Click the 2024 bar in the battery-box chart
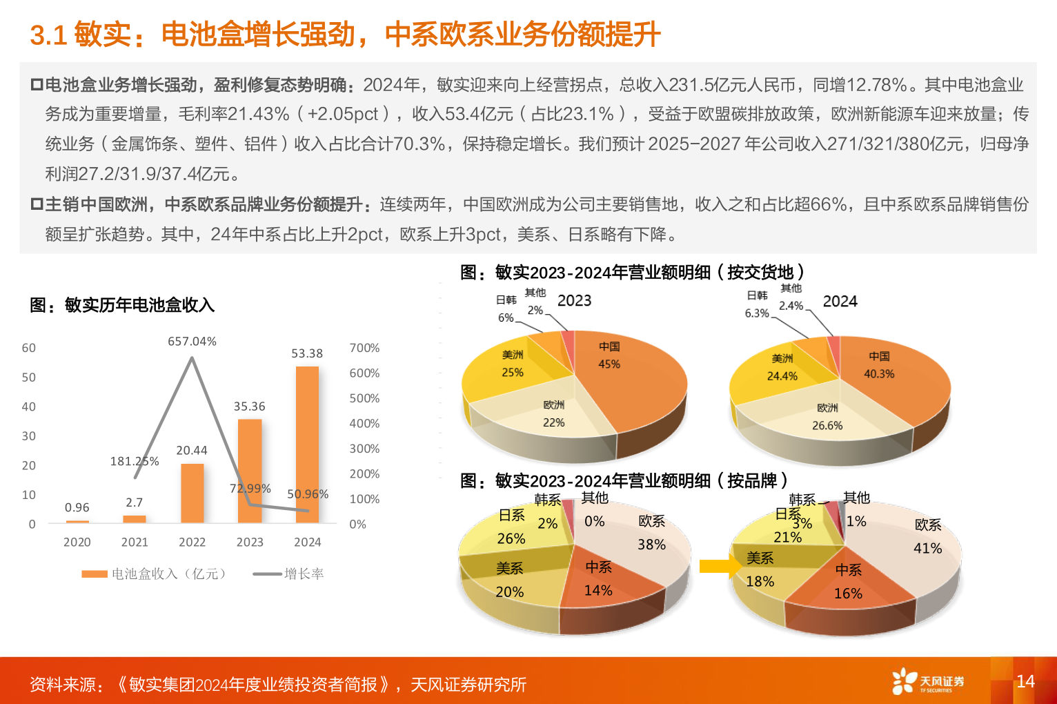[307, 444]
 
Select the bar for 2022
[192, 493]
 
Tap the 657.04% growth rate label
[192, 341]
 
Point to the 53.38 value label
[307, 353]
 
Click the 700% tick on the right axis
[364, 348]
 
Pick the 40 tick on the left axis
[28, 407]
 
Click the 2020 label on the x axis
[77, 542]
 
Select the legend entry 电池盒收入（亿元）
[155, 574]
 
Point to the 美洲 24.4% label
[782, 367]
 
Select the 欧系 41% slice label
[928, 536]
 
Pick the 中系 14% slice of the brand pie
[597, 580]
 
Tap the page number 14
[1025, 681]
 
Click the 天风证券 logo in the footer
[928, 681]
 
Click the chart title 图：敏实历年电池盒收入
[122, 304]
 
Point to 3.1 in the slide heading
[48, 35]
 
